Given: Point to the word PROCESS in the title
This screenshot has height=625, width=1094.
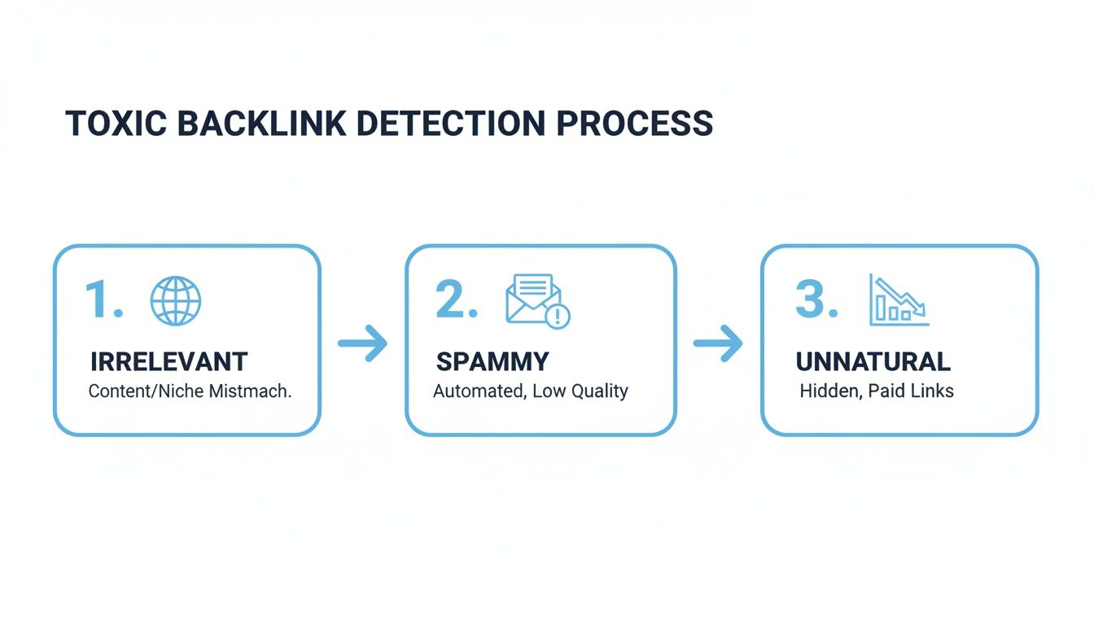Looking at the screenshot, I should tap(635, 123).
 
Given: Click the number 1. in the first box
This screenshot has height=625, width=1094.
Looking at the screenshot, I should tap(103, 300).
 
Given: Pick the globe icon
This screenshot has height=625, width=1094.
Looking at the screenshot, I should tap(176, 301).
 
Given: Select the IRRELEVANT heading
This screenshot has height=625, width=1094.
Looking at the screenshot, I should tap(169, 361).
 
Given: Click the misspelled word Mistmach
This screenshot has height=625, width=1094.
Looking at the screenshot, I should tap(251, 391).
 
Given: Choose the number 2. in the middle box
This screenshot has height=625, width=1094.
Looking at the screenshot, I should tap(457, 300).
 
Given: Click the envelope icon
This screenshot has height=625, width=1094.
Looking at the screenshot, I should tap(532, 299).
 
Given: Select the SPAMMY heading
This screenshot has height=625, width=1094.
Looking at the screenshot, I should tap(492, 361).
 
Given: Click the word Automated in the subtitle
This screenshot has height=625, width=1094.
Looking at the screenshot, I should tap(479, 391).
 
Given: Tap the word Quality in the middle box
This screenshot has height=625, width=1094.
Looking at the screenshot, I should tap(598, 391).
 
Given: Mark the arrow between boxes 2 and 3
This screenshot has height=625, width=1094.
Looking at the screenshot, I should tap(718, 343).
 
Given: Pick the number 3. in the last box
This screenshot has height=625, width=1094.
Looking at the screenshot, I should tap(816, 300).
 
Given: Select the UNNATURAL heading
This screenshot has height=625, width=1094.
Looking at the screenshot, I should tap(873, 361).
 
